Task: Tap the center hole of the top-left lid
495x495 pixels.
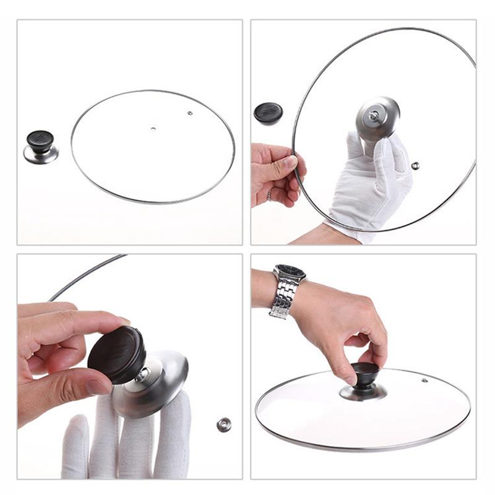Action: tap(153, 129)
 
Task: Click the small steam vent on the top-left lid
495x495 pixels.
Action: tap(190, 113)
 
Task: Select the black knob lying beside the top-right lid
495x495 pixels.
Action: tap(268, 113)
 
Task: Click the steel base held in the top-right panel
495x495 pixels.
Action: tap(377, 117)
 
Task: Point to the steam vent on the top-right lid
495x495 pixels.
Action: tap(415, 166)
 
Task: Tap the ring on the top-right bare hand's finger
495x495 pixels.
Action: tap(269, 195)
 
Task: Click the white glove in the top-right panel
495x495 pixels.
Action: tap(371, 186)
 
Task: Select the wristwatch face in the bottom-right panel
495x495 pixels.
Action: tap(290, 272)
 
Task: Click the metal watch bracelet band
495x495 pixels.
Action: tap(282, 300)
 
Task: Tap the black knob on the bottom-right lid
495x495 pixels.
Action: tap(365, 373)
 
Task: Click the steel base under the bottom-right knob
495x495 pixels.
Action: tap(364, 392)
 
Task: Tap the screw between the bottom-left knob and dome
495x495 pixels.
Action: tap(142, 374)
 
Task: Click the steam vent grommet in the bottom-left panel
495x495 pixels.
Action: tap(224, 424)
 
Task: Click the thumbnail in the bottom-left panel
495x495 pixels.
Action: tap(99, 387)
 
